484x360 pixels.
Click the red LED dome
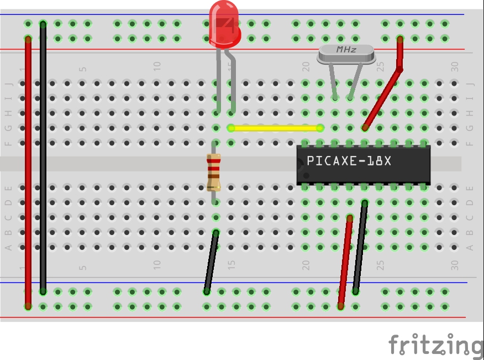click(x=224, y=25)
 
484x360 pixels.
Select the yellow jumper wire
click(x=275, y=128)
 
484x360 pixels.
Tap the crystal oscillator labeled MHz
click(x=346, y=54)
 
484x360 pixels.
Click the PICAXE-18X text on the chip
click(x=349, y=161)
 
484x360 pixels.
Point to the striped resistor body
click(x=214, y=173)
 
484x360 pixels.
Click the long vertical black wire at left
click(x=43, y=158)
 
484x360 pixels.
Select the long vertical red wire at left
click(x=28, y=173)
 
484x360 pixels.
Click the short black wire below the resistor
click(x=212, y=262)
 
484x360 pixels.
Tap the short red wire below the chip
click(x=345, y=262)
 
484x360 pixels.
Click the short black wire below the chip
click(x=360, y=248)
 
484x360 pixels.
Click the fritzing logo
click(x=436, y=345)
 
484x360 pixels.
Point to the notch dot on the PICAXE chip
click(x=306, y=175)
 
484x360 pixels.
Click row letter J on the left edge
click(x=9, y=84)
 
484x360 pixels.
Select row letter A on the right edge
click(x=470, y=247)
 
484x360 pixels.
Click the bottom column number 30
click(x=454, y=265)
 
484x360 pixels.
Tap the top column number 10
click(x=157, y=66)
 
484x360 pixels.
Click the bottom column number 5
click(x=82, y=267)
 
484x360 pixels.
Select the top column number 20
click(x=306, y=66)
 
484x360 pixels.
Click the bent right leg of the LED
click(x=232, y=81)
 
